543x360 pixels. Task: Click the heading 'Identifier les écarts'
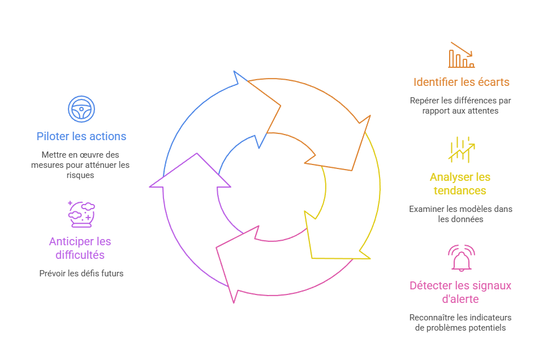[461, 82]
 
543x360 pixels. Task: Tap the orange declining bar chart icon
[461, 55]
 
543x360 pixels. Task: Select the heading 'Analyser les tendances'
[460, 184]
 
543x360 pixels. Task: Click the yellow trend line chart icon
[461, 150]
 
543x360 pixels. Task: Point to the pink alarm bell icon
[461, 258]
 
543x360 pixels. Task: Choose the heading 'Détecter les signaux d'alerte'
[460, 292]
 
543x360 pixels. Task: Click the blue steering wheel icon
[81, 109]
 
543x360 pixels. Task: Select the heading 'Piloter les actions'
[81, 136]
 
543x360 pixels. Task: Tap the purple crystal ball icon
[81, 214]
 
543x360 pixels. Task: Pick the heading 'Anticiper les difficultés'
[80, 248]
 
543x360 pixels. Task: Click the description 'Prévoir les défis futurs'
[81, 274]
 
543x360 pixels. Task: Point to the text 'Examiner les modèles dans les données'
[460, 214]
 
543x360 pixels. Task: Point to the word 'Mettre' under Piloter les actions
[52, 155]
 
